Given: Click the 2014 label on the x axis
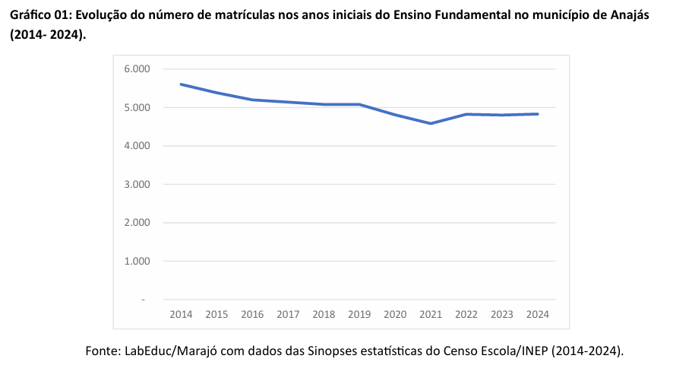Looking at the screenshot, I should coord(181,314).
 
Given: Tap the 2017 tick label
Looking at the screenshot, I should coord(288,314).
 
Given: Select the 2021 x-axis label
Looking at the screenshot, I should coord(431,314).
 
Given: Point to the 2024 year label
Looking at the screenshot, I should coord(538,314).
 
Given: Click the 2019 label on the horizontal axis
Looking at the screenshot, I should coord(359,314).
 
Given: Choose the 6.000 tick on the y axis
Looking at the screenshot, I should coord(137,69).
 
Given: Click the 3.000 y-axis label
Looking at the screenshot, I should coord(137,184).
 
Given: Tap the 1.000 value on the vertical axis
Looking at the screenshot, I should coord(137,261).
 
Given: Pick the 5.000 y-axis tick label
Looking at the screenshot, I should coord(137,107).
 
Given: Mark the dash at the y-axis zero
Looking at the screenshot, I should coord(143,300).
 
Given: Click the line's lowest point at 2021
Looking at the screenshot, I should coord(431,123).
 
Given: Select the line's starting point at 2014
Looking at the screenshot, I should coord(181,84).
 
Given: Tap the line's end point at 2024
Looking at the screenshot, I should coord(538,114).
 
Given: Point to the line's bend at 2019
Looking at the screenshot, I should coord(359,104).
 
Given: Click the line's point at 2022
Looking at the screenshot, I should coord(466,114).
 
